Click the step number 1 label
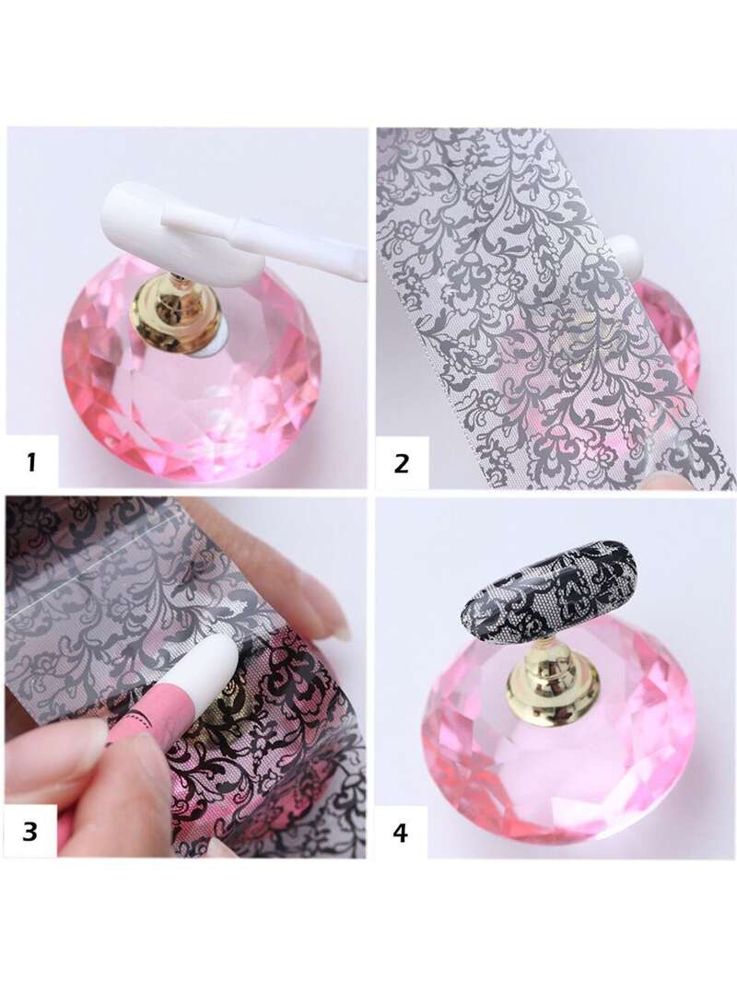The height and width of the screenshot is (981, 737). [31, 463]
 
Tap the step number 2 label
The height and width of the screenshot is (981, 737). [401, 463]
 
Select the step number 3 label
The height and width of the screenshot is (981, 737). [29, 832]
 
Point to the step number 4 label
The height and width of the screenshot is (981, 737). [401, 833]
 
